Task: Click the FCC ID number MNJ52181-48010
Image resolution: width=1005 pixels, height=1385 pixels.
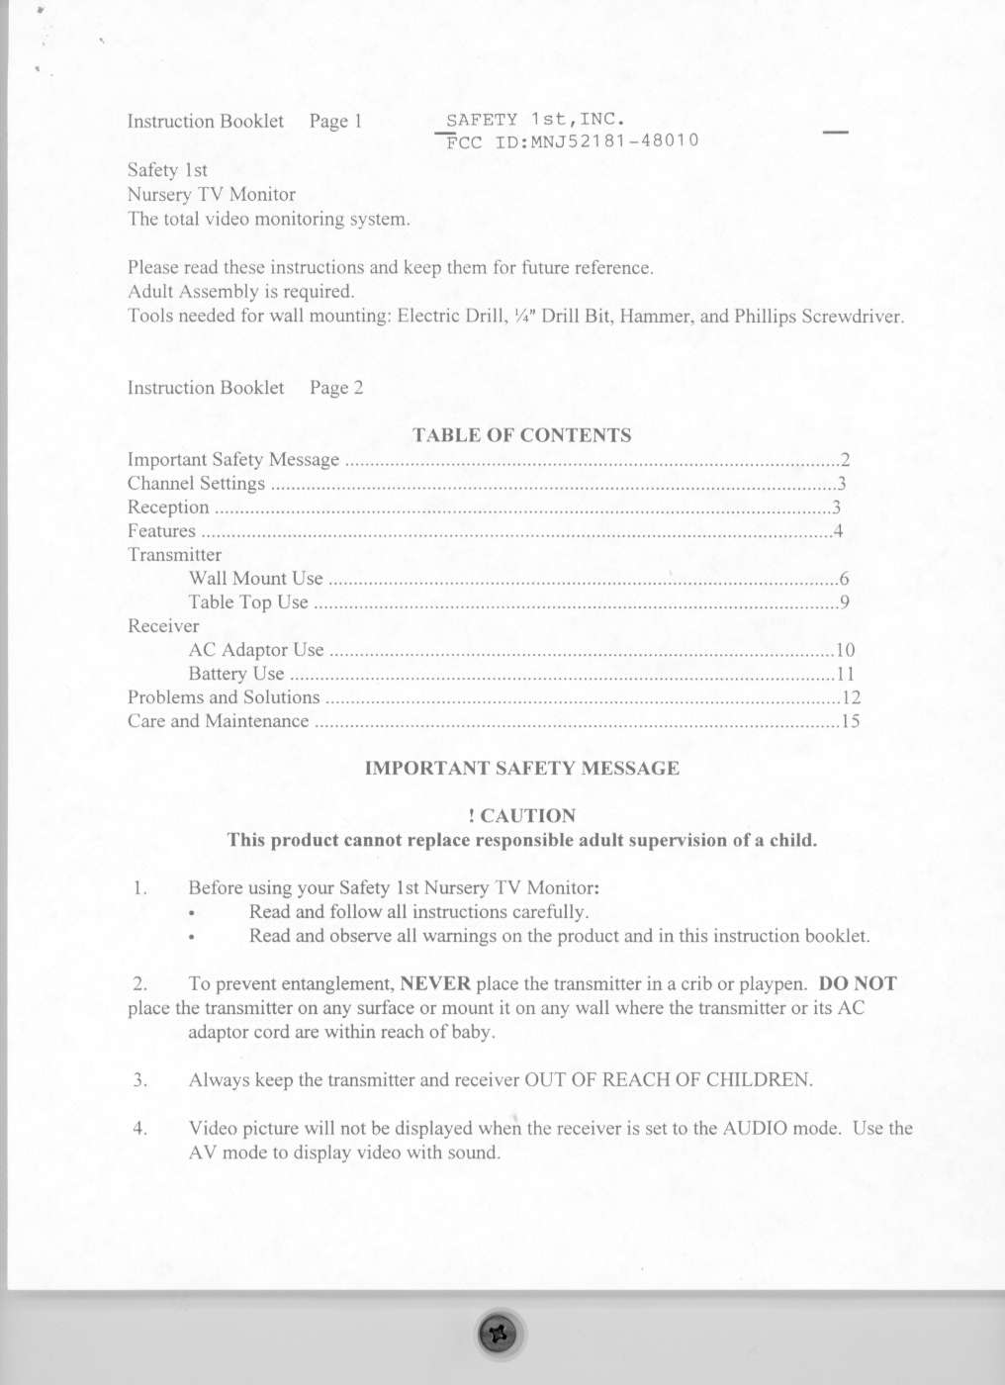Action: pos(614,140)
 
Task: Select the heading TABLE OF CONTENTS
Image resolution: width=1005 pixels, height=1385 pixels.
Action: pos(521,435)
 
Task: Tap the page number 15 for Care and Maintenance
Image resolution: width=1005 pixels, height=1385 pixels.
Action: pos(850,721)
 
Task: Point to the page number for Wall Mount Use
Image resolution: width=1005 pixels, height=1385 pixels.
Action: pos(843,579)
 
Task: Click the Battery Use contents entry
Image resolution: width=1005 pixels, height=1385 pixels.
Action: pos(236,674)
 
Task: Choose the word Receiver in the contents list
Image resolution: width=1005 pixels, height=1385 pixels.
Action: pos(163,626)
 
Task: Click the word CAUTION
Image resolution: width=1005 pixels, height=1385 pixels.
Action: pos(527,816)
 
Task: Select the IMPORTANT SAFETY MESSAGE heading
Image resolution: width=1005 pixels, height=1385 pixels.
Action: pos(521,769)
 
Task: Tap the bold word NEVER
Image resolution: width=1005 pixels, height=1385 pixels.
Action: pos(435,983)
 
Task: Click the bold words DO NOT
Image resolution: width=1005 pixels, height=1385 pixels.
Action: pos(858,983)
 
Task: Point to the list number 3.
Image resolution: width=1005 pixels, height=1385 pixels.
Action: pos(140,1079)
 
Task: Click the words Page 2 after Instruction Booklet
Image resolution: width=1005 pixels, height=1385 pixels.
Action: pos(336,388)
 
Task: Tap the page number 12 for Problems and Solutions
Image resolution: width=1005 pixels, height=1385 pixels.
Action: pos(851,697)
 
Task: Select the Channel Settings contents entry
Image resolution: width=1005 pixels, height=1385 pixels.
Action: pos(196,484)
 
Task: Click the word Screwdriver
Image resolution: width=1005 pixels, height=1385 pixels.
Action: pos(852,317)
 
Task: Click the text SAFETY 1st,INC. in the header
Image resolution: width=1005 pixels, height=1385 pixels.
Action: pos(535,120)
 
